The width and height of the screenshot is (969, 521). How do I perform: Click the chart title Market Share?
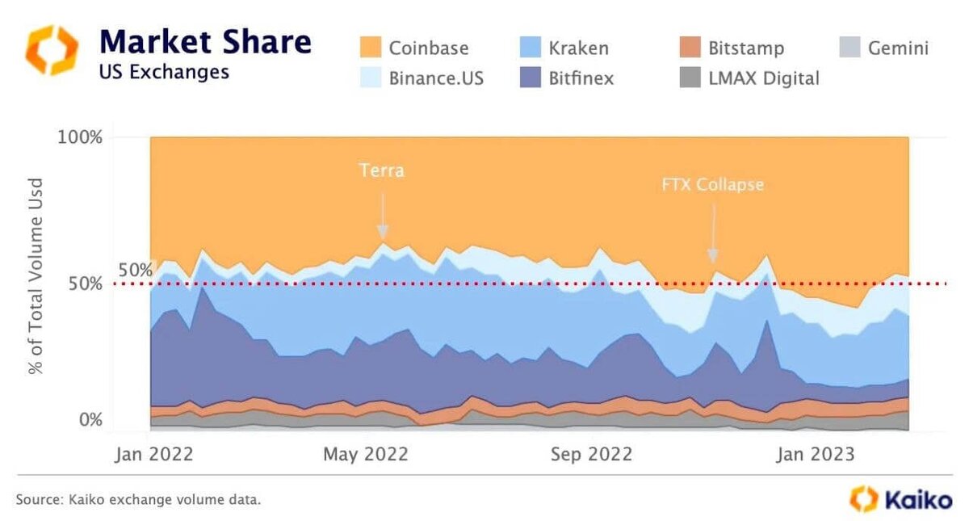coord(205,41)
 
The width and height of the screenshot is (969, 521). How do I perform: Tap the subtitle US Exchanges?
coord(164,72)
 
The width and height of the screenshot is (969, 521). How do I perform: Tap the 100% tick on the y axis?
coord(80,137)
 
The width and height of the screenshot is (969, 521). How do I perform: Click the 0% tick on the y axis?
coord(90,419)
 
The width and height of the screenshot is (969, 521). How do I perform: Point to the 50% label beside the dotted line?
coord(135,270)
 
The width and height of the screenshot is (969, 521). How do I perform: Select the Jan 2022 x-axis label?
coord(154,454)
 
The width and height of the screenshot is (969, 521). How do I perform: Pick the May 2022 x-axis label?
coord(366,454)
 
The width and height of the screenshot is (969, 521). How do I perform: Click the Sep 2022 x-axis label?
coord(592,454)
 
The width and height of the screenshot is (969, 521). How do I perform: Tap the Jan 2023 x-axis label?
coord(815,454)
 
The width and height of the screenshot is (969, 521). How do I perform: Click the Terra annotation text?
coord(381,170)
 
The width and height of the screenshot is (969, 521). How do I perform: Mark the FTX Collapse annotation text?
coord(711,185)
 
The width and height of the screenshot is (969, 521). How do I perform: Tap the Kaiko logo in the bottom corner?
coord(901,499)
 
